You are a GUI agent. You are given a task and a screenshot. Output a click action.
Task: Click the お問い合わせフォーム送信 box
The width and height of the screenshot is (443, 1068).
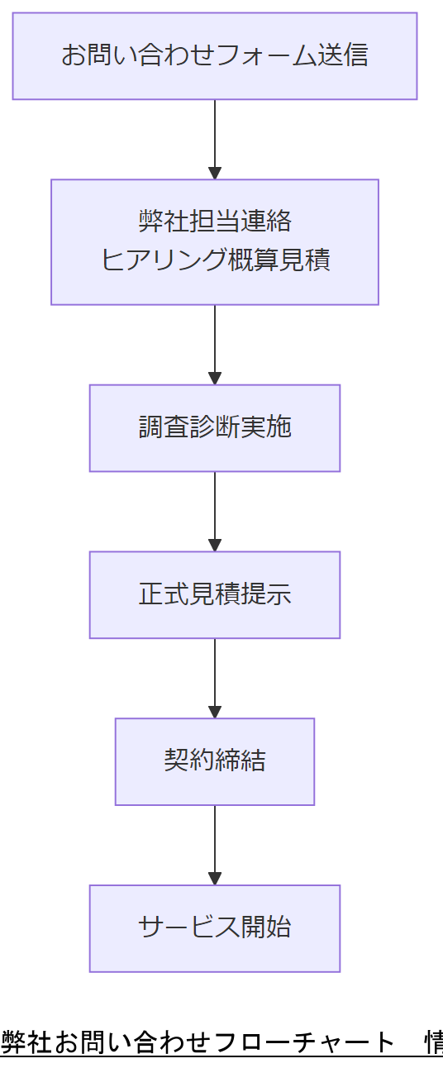pos(215,56)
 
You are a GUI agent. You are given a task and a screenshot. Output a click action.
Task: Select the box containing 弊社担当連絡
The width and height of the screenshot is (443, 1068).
pos(215,242)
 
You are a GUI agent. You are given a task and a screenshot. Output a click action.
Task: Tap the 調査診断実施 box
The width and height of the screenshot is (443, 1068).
pos(215,428)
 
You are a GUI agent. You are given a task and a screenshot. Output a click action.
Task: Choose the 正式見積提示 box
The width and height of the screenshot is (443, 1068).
pos(215,595)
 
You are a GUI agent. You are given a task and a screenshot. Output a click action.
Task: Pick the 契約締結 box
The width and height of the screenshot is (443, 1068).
pos(215,761)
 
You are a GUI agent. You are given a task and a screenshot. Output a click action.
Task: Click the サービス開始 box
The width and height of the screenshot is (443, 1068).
pos(215,928)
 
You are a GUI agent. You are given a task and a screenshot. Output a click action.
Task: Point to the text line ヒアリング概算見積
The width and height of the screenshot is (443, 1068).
pos(215,260)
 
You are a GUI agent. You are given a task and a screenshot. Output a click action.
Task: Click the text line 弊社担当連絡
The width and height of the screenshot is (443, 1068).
pos(215,222)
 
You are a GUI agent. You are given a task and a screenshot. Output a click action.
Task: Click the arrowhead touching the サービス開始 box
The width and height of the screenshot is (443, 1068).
pos(215,879)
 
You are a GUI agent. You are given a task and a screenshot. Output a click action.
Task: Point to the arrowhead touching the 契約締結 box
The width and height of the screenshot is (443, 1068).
pos(215,712)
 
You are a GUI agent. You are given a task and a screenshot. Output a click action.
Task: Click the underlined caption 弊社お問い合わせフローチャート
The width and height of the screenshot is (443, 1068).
pos(198,1042)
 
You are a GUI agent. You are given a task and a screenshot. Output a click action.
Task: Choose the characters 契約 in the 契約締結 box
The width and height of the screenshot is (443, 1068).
pos(189,760)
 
